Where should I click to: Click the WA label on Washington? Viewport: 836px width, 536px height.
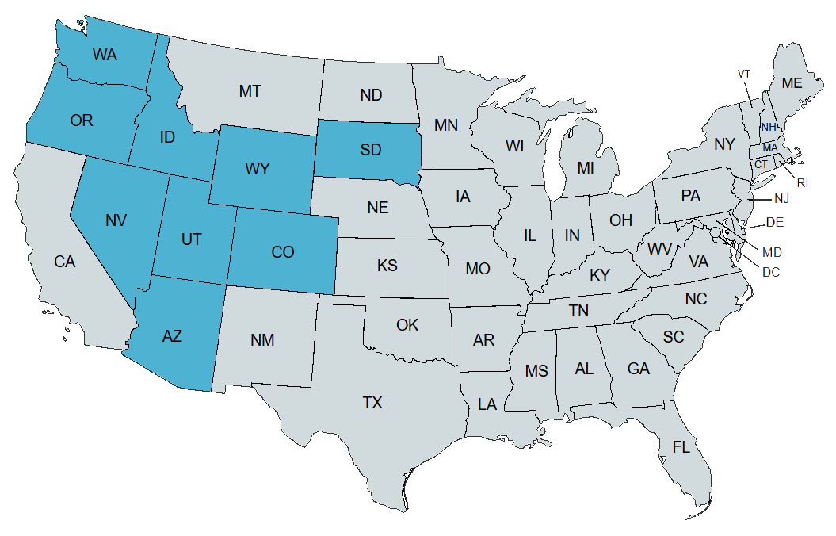(x=105, y=55)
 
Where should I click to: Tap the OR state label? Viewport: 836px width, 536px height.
(x=82, y=121)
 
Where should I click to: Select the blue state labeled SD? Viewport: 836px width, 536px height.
(x=369, y=149)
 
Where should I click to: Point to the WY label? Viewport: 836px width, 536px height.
(x=258, y=169)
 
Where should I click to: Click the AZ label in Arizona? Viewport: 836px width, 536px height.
(x=172, y=336)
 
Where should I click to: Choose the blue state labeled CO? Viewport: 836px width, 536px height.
(x=283, y=252)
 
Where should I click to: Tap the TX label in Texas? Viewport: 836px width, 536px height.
(x=372, y=403)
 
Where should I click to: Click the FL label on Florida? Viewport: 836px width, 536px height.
(x=681, y=446)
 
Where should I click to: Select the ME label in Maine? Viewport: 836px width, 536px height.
(x=792, y=83)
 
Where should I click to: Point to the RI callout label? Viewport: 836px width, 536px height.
(x=803, y=183)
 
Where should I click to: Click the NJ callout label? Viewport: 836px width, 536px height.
(x=782, y=198)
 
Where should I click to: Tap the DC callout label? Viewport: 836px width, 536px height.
(x=770, y=272)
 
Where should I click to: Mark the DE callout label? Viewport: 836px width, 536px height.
(x=775, y=222)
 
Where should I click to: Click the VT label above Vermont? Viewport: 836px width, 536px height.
(x=743, y=74)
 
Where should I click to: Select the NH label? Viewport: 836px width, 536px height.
(x=768, y=127)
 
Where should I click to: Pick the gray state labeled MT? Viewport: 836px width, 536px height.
(x=250, y=91)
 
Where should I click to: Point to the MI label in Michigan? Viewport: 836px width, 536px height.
(x=586, y=168)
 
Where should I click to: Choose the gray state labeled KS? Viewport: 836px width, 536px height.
(x=387, y=265)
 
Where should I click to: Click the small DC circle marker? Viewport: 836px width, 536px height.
(x=715, y=232)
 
